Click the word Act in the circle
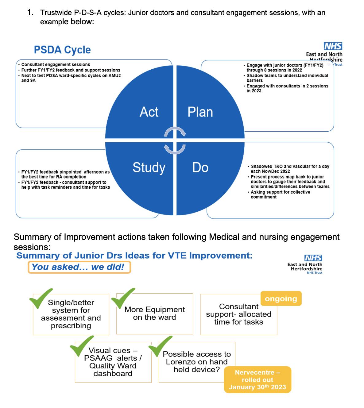pyautogui.click(x=149, y=112)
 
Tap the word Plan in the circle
pyautogui.click(x=200, y=112)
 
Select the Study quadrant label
pyautogui.click(x=149, y=167)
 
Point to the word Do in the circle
pyautogui.click(x=200, y=167)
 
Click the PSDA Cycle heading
pyautogui.click(x=62, y=50)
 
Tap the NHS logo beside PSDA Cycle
pyautogui.click(x=333, y=46)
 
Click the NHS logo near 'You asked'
pyautogui.click(x=313, y=258)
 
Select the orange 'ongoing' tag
pyautogui.click(x=281, y=298)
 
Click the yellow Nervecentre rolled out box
pyautogui.click(x=257, y=379)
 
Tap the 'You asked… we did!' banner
pyautogui.click(x=79, y=267)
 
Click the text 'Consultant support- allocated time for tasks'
pyautogui.click(x=238, y=314)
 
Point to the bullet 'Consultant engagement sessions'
pyautogui.click(x=56, y=65)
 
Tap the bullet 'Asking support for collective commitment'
pyautogui.click(x=280, y=194)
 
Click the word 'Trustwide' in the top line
pyautogui.click(x=56, y=13)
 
